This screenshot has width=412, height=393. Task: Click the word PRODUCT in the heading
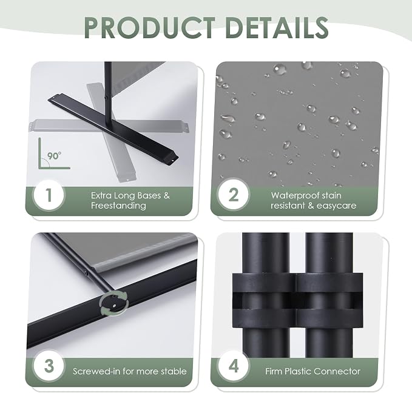coord(150,27)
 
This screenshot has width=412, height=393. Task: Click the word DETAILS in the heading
coord(277,27)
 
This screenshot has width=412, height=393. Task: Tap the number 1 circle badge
coord(49,195)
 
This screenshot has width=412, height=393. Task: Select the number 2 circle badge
coord(234,195)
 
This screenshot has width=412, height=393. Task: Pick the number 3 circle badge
coord(49,366)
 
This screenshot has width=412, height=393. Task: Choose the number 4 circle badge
coord(234,366)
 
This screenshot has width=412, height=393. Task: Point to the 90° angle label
coord(55,156)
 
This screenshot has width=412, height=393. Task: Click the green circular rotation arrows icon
coord(115,303)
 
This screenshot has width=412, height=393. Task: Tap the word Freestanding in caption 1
coord(118,206)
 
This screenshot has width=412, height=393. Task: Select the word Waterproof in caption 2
coord(295,196)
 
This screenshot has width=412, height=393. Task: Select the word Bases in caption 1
coord(149,195)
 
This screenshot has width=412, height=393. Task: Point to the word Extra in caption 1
coord(100,195)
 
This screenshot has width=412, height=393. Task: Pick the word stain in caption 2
coord(331,195)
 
